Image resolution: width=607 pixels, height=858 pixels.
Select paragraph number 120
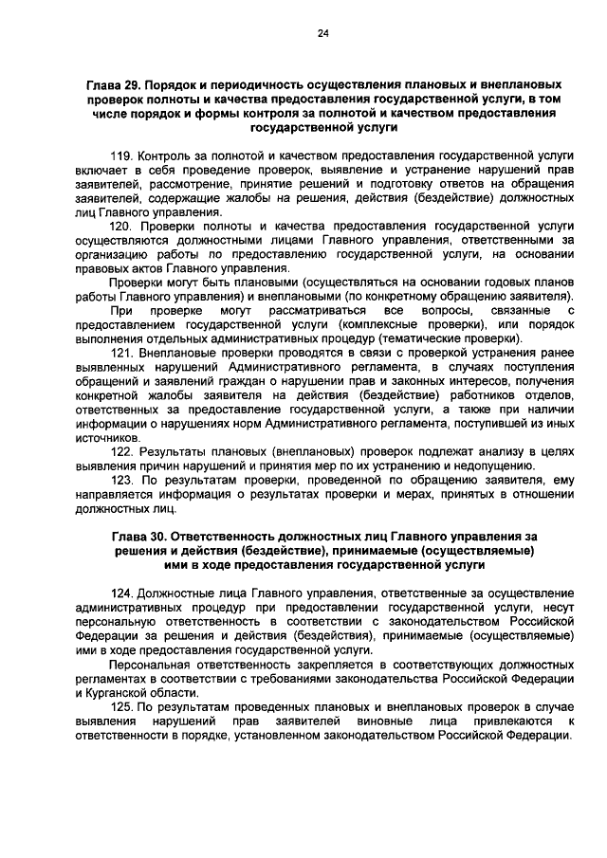pyautogui.click(x=123, y=228)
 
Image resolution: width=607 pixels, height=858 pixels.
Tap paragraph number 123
pyautogui.click(x=123, y=481)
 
